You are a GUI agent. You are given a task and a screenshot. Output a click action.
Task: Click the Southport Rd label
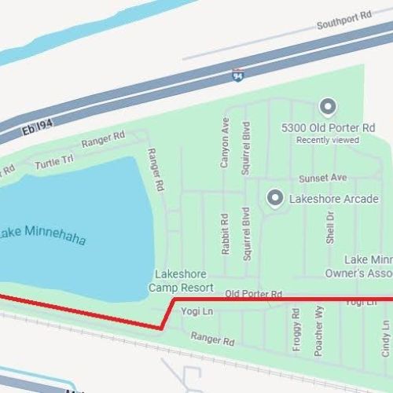coord(343,24)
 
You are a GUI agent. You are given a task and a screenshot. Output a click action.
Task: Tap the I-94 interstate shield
coord(237,75)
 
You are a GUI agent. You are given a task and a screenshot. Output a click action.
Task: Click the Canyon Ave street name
coord(225,142)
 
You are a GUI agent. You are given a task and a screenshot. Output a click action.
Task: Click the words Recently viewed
coord(328,140)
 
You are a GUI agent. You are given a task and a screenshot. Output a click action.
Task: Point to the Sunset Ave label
coord(322,178)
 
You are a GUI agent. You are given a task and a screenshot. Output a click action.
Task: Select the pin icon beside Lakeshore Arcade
coord(274,198)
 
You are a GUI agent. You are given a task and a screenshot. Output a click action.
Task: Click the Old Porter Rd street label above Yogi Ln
coord(253,293)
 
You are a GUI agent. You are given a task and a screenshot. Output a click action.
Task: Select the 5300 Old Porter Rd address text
coord(328,127)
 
